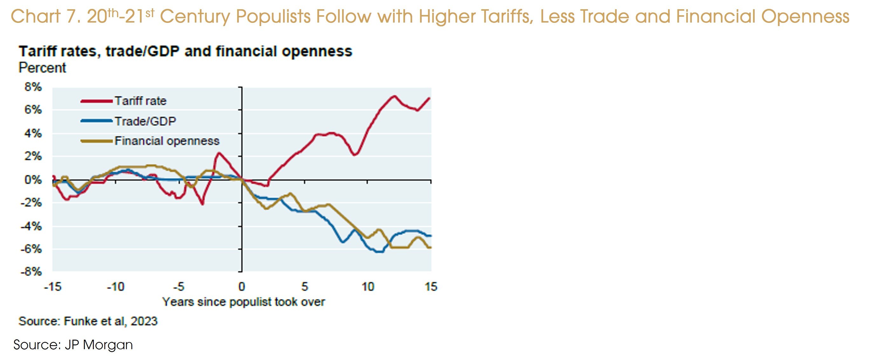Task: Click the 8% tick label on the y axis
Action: click(x=33, y=87)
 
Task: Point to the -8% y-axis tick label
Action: click(x=31, y=272)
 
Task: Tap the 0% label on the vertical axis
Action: click(x=33, y=180)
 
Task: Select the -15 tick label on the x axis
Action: click(x=52, y=287)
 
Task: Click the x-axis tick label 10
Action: click(x=368, y=287)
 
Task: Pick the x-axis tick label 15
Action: click(x=431, y=287)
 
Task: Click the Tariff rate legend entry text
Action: click(x=140, y=101)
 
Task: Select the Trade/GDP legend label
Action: click(x=145, y=121)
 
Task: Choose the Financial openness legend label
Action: click(x=167, y=141)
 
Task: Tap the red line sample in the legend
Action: click(x=96, y=101)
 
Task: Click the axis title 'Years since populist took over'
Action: click(x=243, y=302)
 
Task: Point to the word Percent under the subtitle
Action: click(x=42, y=68)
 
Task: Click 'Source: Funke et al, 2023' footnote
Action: click(x=88, y=321)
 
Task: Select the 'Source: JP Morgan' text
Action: click(x=73, y=345)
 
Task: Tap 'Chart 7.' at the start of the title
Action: click(x=46, y=16)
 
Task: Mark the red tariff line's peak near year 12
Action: click(x=394, y=96)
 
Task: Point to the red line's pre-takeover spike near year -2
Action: click(x=218, y=153)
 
